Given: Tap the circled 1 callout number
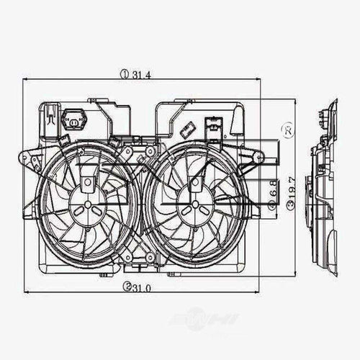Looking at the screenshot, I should (x=124, y=73).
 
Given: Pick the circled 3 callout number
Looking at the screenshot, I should (x=289, y=205).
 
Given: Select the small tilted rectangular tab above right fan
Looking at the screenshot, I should (x=185, y=131).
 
